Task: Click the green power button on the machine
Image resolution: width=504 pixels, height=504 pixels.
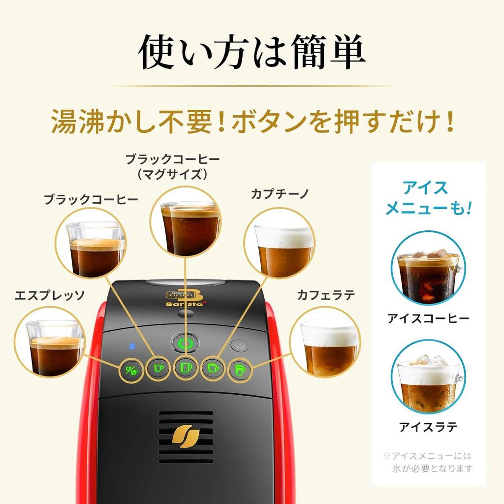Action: pyautogui.click(x=185, y=344)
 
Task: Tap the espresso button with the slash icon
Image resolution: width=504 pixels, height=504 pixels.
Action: pyautogui.click(x=131, y=370)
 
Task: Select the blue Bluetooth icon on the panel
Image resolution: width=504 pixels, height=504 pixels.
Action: pyautogui.click(x=132, y=346)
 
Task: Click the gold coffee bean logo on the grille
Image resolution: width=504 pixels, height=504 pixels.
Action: pyautogui.click(x=186, y=436)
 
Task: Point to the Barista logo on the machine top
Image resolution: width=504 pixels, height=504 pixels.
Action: pyautogui.click(x=185, y=299)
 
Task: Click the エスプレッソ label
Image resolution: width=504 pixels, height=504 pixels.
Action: pyautogui.click(x=50, y=295)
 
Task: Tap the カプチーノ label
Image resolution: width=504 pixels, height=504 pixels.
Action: pyautogui.click(x=280, y=193)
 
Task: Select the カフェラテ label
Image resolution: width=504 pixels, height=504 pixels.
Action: pyautogui.click(x=326, y=295)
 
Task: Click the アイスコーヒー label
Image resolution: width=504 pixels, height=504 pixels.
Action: pyautogui.click(x=428, y=318)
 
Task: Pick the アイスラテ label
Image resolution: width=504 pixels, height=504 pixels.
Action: pyautogui.click(x=428, y=427)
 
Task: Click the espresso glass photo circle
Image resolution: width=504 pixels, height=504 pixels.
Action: pyautogui.click(x=50, y=342)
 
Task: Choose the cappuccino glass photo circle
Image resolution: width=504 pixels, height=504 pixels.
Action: pyautogui.click(x=279, y=243)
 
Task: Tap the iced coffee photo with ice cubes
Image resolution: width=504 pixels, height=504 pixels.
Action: pyautogui.click(x=428, y=268)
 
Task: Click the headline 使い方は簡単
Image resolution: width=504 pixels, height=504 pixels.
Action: pyautogui.click(x=252, y=51)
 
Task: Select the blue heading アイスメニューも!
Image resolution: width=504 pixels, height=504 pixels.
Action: pyautogui.click(x=428, y=197)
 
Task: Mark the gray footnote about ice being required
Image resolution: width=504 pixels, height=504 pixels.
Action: pyautogui.click(x=428, y=462)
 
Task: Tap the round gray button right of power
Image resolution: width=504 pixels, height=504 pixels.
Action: pyautogui.click(x=240, y=346)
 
